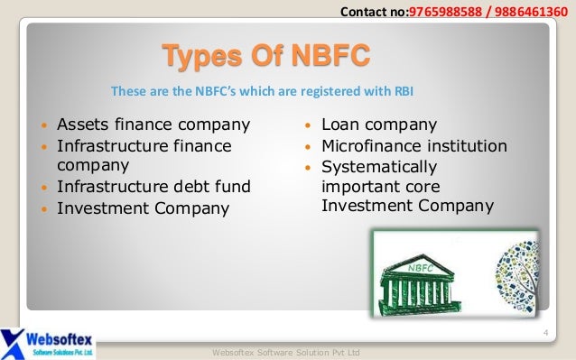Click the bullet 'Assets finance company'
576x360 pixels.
153,125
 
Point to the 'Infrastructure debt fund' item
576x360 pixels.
153,188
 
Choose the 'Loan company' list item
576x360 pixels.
379,125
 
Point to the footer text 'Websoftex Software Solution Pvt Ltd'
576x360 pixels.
284,351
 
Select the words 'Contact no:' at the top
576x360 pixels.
374,11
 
